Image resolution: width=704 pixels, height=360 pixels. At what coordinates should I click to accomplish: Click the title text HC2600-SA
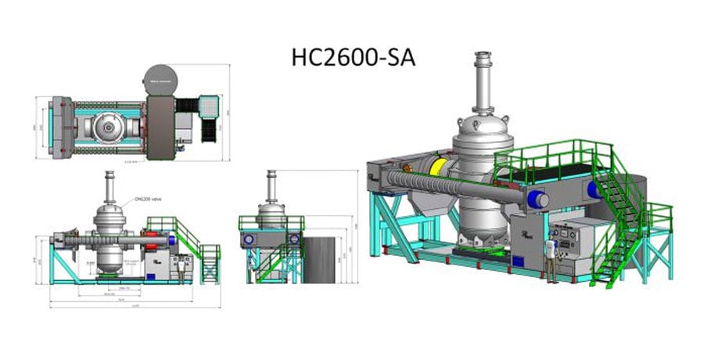(x=353, y=58)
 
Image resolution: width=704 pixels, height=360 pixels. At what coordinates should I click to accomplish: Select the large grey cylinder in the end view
(x=320, y=261)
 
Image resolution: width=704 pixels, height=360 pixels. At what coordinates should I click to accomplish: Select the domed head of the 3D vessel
(x=483, y=126)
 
